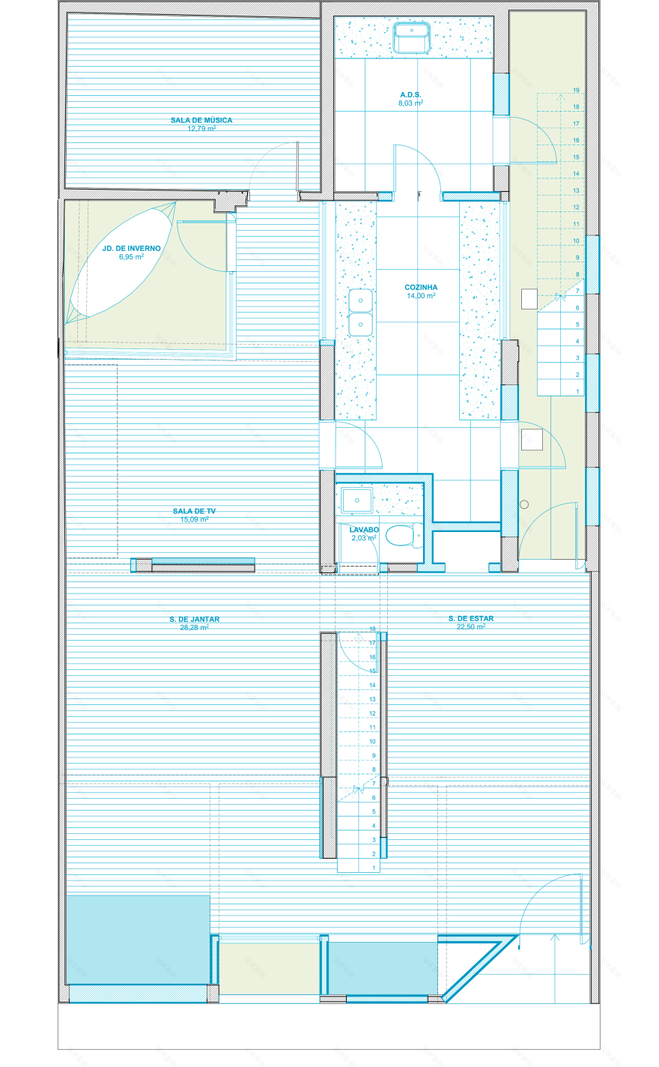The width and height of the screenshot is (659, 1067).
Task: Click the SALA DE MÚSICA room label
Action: [x=201, y=120]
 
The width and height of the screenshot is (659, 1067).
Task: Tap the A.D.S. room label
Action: [x=410, y=95]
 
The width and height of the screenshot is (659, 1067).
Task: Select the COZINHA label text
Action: [x=421, y=287]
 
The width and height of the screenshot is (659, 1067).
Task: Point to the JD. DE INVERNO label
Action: [x=131, y=248]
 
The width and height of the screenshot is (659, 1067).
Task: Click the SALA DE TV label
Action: [x=194, y=511]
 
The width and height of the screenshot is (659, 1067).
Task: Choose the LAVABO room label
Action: [x=364, y=530]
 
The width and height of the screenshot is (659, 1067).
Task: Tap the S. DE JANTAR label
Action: [x=194, y=619]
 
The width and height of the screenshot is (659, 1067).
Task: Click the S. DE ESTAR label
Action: [x=471, y=619]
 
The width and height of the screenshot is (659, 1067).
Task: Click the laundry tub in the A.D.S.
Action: [x=410, y=37]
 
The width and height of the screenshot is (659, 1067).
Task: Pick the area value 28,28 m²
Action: [x=194, y=627]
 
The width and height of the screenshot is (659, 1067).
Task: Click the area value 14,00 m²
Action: [x=421, y=296]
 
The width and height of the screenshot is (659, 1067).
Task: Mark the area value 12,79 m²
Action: [x=201, y=128]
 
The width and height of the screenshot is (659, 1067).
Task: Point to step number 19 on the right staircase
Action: [x=576, y=90]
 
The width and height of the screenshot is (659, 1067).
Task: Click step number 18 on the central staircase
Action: [x=372, y=629]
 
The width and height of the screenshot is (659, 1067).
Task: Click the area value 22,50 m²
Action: [x=471, y=627]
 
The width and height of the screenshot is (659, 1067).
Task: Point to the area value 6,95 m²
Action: [x=131, y=256]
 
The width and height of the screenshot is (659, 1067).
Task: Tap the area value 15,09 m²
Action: [x=194, y=519]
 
